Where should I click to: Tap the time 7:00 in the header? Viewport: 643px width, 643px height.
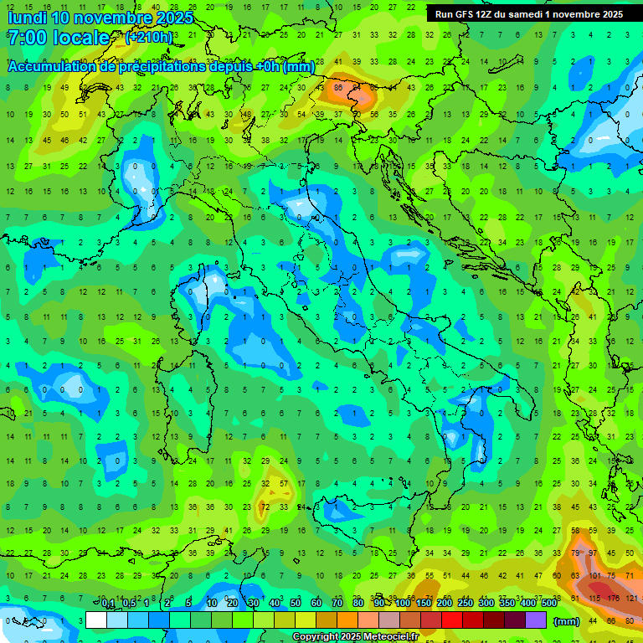[x=23, y=39]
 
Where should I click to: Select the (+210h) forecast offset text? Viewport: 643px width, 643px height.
[x=149, y=38]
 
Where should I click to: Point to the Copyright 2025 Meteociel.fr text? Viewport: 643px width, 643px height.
[x=356, y=637]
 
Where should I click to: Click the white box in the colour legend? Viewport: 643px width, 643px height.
[x=96, y=620]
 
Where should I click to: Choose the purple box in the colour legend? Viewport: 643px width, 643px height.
[x=536, y=620]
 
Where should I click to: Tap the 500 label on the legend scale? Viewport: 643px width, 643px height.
[x=549, y=604]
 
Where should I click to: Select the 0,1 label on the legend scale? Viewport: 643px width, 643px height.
[x=108, y=604]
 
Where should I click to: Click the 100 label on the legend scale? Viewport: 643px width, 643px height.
[x=403, y=604]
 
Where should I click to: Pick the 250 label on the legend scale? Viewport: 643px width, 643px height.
[x=465, y=604]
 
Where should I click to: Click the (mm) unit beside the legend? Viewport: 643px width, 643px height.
[x=567, y=621]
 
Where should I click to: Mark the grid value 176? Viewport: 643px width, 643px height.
[x=613, y=598]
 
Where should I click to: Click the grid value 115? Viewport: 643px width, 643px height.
[x=594, y=598]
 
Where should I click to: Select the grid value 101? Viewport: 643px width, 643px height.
[x=594, y=576]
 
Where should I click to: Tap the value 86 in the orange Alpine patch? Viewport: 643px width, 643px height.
[x=339, y=87]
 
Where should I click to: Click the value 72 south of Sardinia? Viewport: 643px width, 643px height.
[x=265, y=507]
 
